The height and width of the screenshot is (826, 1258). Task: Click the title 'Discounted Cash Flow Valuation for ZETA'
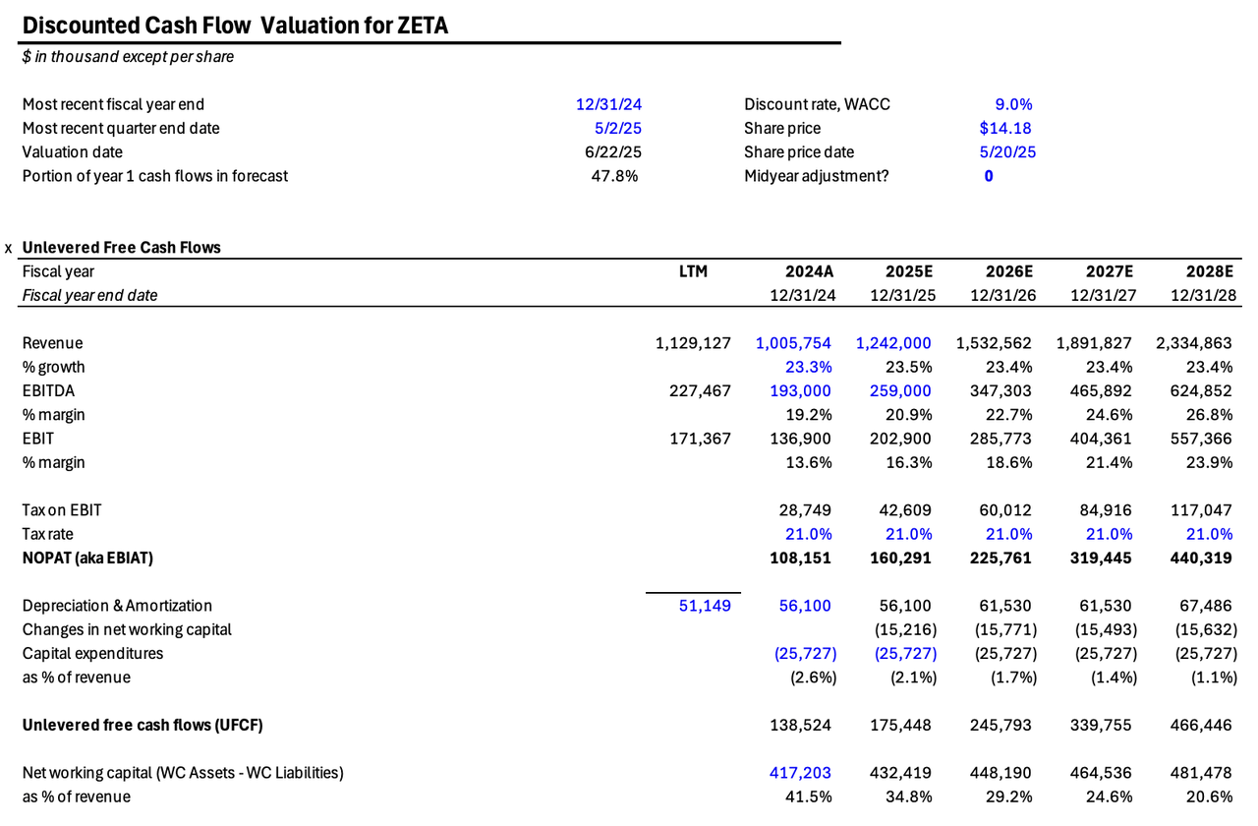(235, 26)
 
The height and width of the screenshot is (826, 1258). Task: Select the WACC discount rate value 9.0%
(1013, 104)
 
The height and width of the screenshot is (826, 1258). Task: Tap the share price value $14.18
(1005, 128)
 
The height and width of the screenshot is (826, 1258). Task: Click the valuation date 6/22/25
(613, 151)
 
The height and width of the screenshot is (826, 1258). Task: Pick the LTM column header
(693, 271)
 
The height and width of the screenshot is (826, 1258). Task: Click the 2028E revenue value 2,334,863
(1194, 343)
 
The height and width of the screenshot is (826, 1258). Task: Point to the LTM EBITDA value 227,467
(693, 390)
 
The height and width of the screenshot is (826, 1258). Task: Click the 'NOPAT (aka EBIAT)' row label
(87, 558)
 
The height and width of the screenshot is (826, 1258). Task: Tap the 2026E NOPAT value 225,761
(995, 558)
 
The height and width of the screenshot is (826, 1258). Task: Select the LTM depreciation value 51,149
(706, 606)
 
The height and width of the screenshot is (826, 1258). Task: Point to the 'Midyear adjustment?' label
(816, 176)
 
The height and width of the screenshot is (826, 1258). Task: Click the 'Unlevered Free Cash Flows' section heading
(121, 248)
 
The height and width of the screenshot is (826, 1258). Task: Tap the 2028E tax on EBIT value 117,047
(1199, 510)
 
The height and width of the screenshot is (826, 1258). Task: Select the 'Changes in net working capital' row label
(127, 629)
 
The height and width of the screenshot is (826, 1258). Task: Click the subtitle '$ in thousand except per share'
(128, 57)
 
